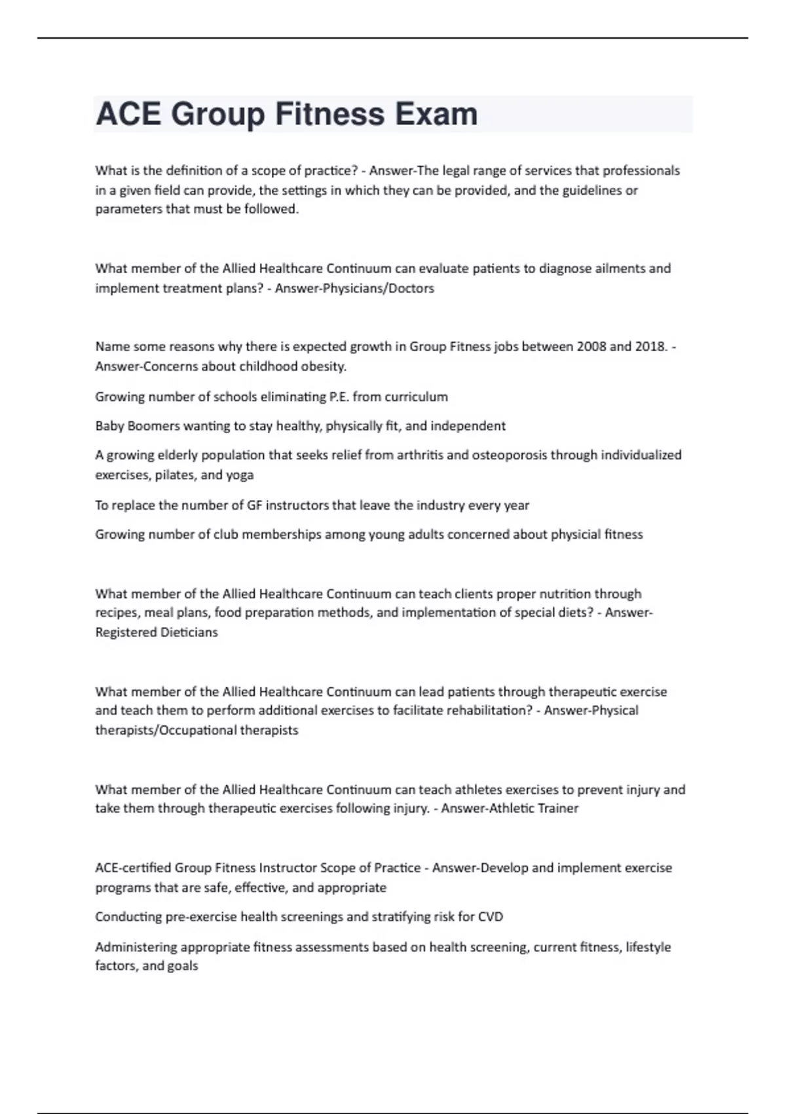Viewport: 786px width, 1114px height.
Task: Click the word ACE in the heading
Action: pos(128,114)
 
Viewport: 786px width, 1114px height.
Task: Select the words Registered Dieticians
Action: pos(156,632)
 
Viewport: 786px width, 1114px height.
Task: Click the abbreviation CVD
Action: pos(491,917)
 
